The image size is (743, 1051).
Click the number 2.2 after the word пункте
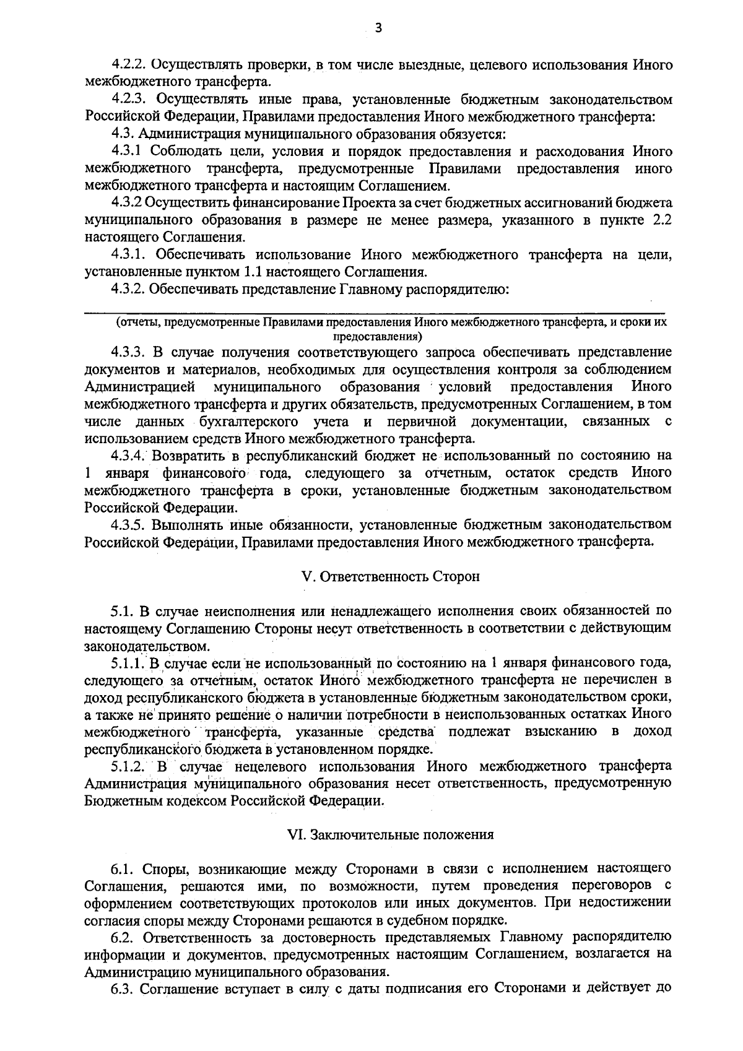[661, 220]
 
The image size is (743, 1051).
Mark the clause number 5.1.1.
[128, 663]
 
